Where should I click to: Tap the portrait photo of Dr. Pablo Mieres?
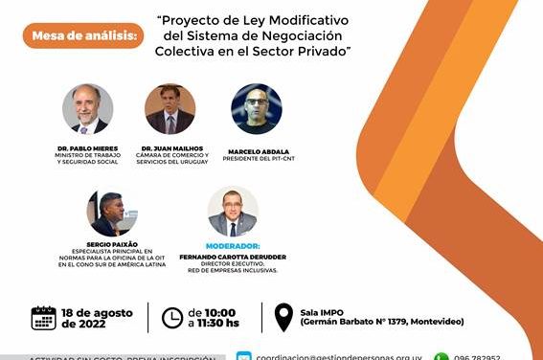(87, 109)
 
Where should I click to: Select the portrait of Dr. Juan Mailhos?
(170, 109)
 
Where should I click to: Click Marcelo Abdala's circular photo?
(257, 109)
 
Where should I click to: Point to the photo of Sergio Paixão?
(112, 212)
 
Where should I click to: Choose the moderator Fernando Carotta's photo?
(233, 212)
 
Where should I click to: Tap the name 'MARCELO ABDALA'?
(257, 151)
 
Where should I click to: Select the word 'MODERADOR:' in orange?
(233, 245)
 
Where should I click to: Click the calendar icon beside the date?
(44, 318)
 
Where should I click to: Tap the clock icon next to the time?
(171, 318)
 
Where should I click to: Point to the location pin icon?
(283, 318)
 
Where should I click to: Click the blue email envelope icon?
(243, 357)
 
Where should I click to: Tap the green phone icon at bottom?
(441, 357)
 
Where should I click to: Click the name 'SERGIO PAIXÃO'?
(112, 244)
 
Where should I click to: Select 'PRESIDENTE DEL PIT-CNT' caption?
(257, 159)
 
